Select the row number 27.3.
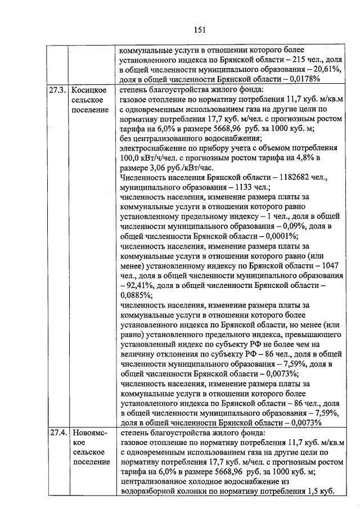tap(57, 90)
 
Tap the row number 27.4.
tap(57, 433)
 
